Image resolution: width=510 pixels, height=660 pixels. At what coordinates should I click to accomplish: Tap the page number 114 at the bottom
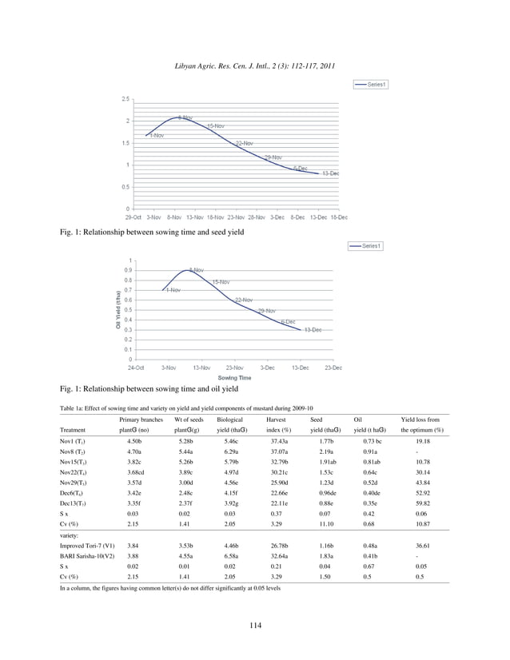click(255, 624)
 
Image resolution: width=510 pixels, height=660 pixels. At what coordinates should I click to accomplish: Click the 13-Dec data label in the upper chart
click(330, 173)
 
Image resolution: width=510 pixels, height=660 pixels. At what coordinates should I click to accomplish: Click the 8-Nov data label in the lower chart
click(196, 269)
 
